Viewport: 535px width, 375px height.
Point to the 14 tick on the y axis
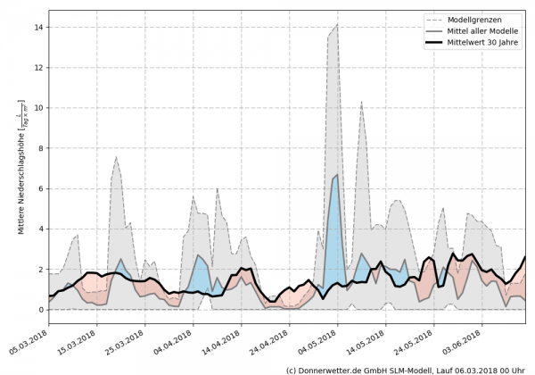pos(40,27)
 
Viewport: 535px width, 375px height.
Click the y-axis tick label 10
pos(40,108)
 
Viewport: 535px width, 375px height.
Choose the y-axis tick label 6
pos(42,188)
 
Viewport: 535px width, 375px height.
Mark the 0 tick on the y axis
pos(42,310)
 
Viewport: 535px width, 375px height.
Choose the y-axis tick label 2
pos(42,270)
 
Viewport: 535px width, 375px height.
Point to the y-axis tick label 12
pos(40,68)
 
